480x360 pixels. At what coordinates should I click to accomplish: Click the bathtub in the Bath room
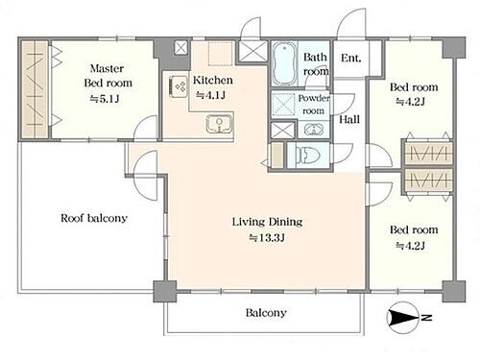pos(284,63)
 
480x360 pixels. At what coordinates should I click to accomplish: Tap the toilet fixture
pos(308,155)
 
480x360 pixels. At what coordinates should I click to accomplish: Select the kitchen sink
pos(219,124)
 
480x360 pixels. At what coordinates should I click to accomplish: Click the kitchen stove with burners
pos(179,86)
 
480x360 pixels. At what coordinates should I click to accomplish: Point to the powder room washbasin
pos(314,130)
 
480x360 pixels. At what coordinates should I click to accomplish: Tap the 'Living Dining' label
pos(267,222)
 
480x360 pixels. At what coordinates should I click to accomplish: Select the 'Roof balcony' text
pos(94,218)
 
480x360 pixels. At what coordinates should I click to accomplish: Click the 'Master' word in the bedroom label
pos(107,68)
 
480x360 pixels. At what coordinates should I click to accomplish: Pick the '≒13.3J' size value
pos(267,238)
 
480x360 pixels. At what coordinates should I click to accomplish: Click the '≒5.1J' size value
pos(105,99)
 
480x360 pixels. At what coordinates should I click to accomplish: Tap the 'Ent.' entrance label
pos(350,58)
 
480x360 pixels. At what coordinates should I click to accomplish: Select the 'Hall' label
pos(349,119)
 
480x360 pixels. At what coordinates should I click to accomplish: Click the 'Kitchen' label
pos(213,80)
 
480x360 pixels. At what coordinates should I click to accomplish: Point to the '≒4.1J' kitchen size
pos(211,95)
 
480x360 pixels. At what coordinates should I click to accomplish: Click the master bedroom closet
pos(35,89)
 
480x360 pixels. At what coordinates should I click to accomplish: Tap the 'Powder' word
pos(314,98)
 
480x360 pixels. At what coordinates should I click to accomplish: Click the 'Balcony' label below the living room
pos(266,312)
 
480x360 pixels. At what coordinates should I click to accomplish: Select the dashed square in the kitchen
pos(221,54)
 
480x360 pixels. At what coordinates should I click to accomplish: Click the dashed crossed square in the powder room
pos(283,105)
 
